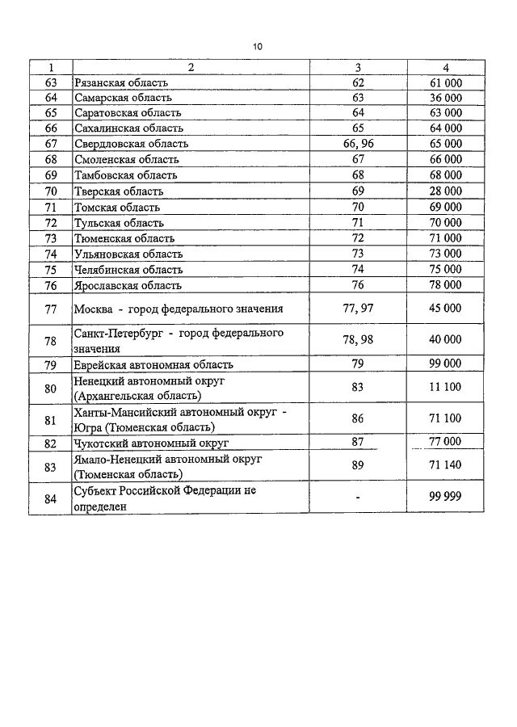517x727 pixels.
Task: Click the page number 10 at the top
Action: tap(258, 47)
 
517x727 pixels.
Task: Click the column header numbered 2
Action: tap(191, 68)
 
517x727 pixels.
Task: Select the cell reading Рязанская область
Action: tap(120, 82)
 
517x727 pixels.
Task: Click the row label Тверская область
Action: tap(118, 191)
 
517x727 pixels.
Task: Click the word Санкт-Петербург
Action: tap(115, 333)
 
